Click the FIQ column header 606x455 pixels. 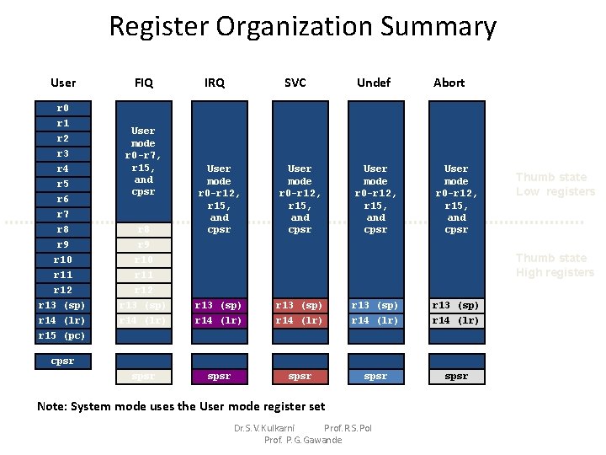pos(143,83)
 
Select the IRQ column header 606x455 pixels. pos(215,83)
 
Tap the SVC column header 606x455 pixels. pos(295,83)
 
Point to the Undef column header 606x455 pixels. pos(374,83)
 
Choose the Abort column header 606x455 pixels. pos(449,83)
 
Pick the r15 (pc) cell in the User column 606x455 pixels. pos(62,335)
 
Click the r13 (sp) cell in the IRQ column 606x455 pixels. pos(219,305)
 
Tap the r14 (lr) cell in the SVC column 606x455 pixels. pos(300,320)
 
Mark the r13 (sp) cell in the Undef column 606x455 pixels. pos(375,305)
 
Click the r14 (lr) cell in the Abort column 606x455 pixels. pos(456,320)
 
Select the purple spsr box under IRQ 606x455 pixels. pos(219,376)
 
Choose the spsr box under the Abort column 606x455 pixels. pos(456,376)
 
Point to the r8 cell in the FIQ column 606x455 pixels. pos(143,229)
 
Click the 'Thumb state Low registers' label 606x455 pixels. pos(555,185)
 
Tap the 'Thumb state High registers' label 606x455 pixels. pos(555,265)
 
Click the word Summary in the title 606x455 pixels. pos(439,27)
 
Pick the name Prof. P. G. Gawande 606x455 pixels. pos(303,440)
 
